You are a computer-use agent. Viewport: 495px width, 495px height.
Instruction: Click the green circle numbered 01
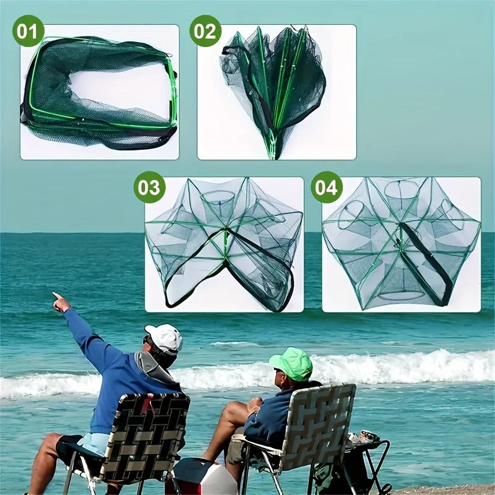[x=28, y=31]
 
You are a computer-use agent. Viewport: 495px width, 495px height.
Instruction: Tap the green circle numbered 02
[x=205, y=31]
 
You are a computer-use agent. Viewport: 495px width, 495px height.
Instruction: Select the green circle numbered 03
[x=149, y=187]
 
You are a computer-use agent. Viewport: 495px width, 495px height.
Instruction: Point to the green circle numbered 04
[x=327, y=187]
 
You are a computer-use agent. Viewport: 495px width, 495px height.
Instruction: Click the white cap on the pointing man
[x=165, y=338]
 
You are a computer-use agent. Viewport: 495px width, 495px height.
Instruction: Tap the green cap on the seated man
[x=291, y=363]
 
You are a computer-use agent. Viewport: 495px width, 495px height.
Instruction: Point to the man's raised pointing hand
[x=61, y=302]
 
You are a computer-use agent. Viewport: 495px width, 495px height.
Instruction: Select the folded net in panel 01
[x=98, y=93]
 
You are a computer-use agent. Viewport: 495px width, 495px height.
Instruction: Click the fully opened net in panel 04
[x=402, y=243]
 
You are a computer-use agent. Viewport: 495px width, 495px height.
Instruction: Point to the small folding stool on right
[x=366, y=464]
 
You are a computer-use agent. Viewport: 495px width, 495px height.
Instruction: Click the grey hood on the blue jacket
[x=152, y=366]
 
